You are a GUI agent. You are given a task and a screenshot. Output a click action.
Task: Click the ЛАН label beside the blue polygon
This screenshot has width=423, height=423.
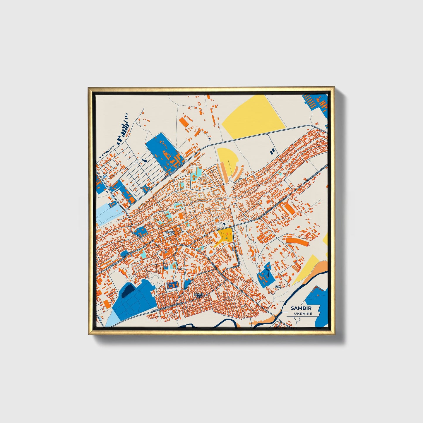click(278, 286)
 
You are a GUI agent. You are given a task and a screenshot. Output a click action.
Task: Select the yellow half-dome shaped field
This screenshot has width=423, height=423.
click(228, 160)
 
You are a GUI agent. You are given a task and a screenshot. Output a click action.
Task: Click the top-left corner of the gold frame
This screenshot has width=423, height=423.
click(89, 88)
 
